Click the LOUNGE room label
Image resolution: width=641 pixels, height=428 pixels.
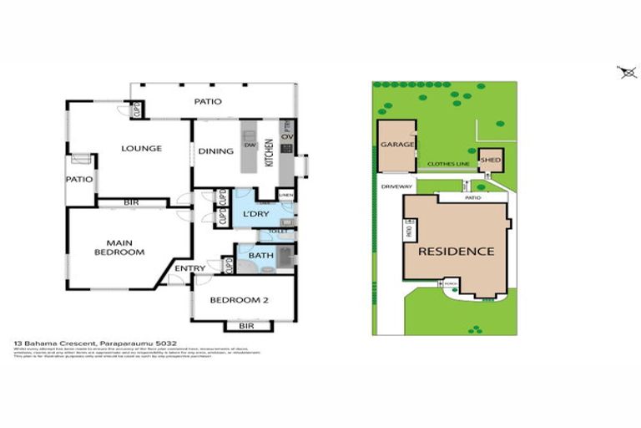click(141, 149)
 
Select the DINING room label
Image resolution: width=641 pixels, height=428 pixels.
click(215, 151)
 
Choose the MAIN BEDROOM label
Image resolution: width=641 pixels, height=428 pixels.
click(119, 247)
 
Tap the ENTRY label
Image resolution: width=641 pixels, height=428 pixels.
click(191, 267)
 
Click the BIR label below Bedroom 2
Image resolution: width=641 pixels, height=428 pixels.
click(246, 326)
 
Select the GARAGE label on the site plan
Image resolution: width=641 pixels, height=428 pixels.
click(397, 145)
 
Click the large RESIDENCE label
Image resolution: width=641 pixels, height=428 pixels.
click(456, 251)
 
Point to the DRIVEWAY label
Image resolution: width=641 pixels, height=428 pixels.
click(396, 186)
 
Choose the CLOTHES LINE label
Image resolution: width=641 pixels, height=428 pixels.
click(447, 164)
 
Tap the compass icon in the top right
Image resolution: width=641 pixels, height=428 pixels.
click(628, 73)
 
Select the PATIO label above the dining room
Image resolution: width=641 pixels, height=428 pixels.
click(208, 102)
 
